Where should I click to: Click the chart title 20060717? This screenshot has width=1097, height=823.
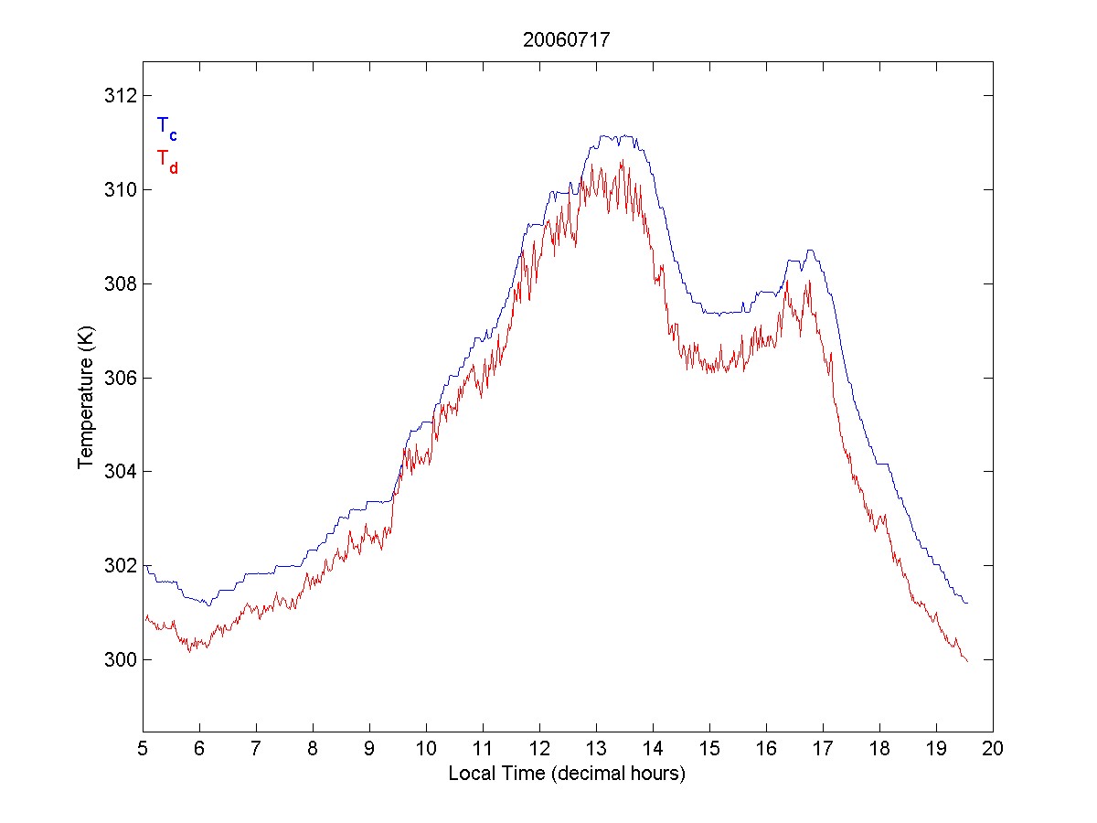coord(567,40)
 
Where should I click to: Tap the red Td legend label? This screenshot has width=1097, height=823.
coord(166,160)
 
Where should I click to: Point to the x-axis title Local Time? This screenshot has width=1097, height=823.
coord(567,774)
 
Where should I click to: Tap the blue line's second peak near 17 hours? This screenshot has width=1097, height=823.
coord(809,251)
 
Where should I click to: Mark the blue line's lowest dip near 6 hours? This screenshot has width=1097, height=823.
coord(208,605)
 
